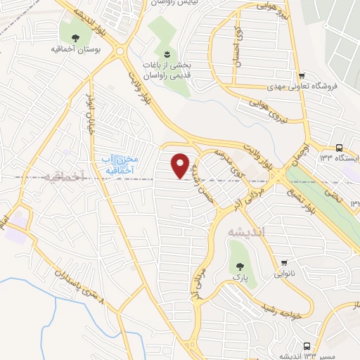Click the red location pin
point(181,165)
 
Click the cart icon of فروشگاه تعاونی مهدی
point(302,77)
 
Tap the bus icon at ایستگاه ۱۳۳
point(339,148)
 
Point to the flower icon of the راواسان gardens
point(167,54)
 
